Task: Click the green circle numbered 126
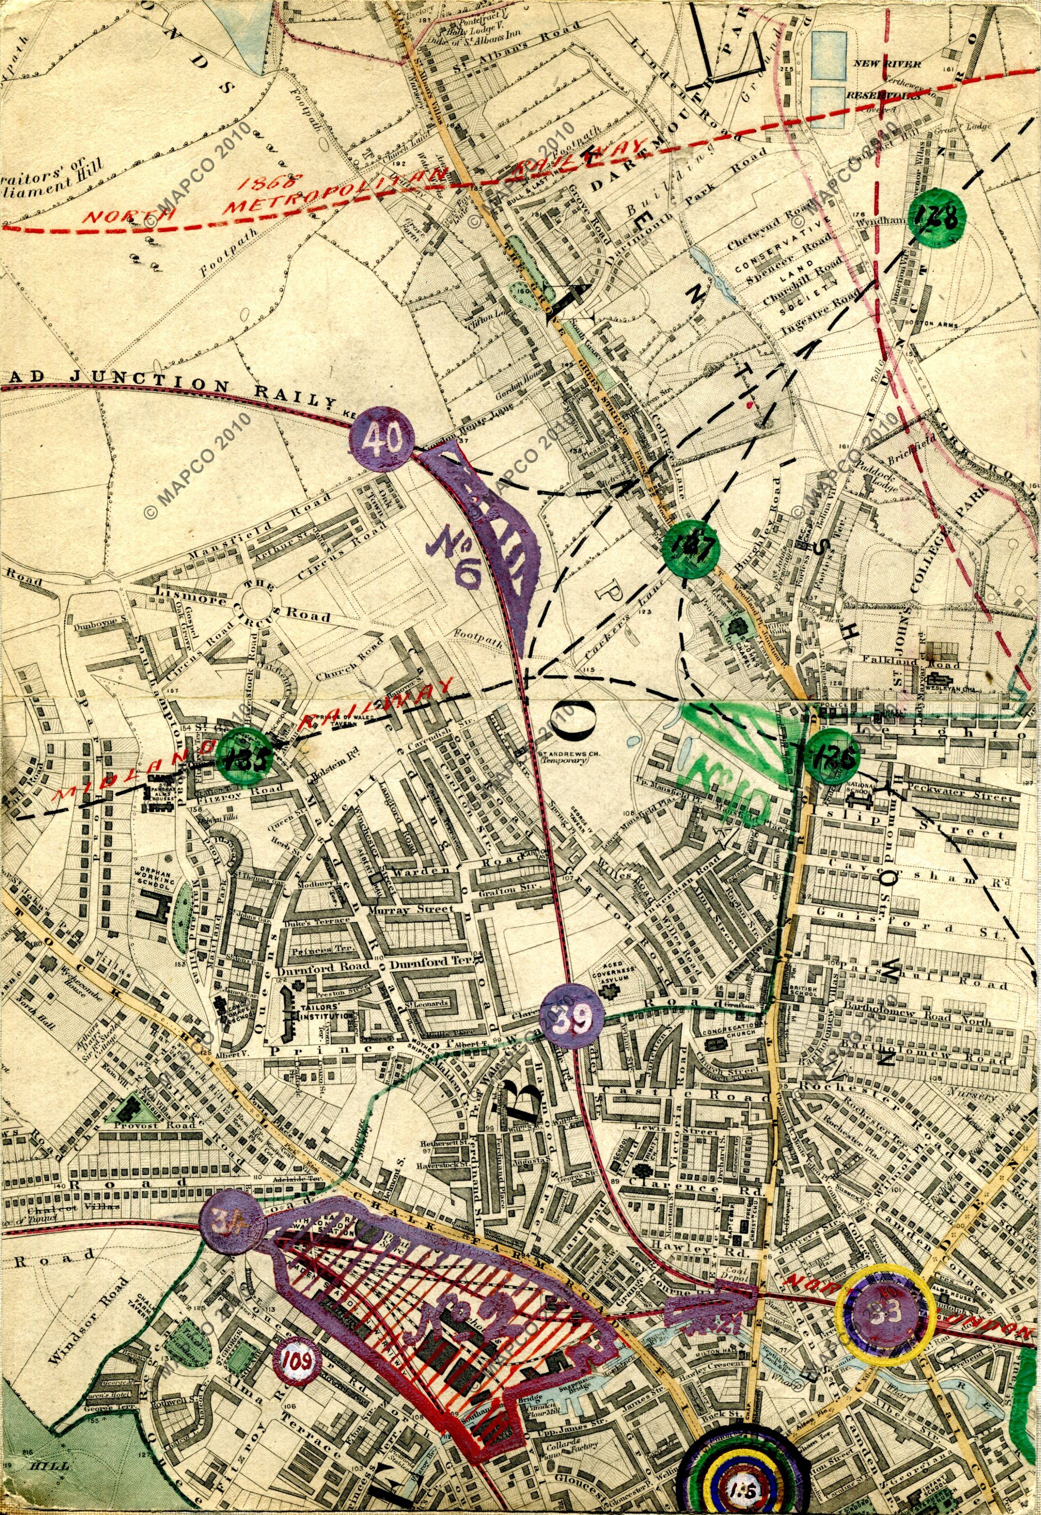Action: (x=832, y=756)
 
